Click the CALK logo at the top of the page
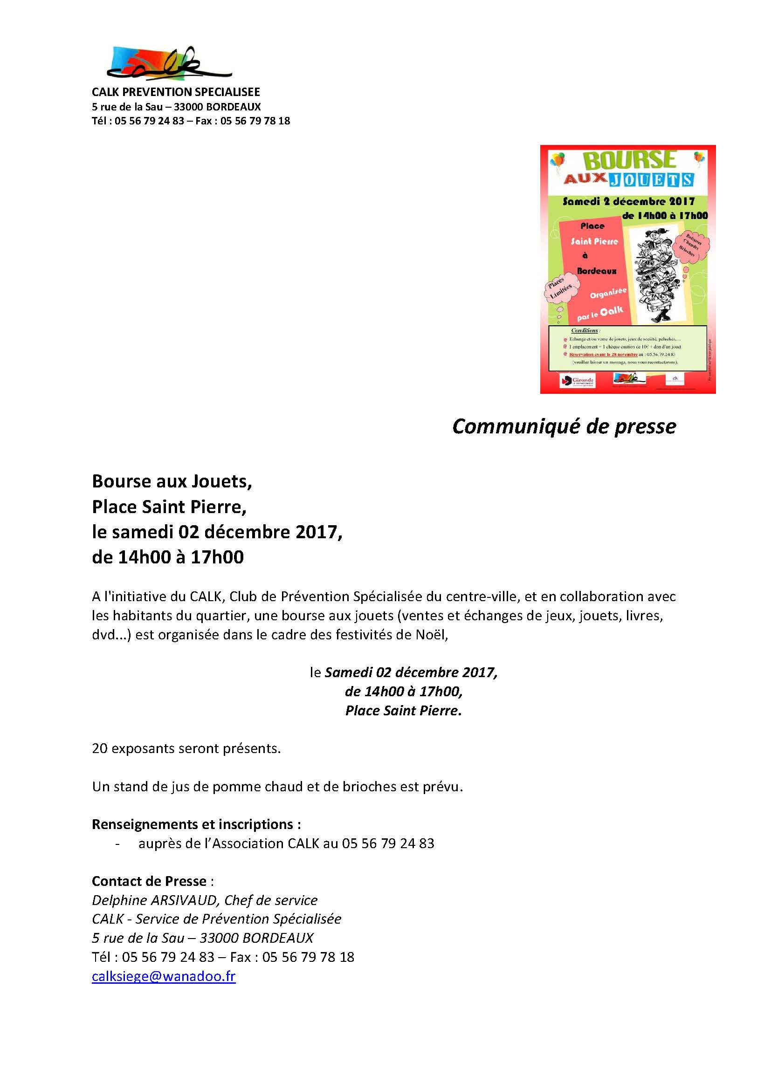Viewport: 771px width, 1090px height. [169, 63]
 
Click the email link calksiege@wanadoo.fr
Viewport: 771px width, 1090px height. [163, 976]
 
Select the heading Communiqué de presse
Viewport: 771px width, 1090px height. [564, 426]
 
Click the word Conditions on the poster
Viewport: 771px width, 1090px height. [585, 330]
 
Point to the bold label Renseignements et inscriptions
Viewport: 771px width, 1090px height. [196, 824]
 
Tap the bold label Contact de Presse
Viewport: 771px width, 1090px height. [149, 881]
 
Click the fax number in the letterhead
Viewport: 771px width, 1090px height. [255, 121]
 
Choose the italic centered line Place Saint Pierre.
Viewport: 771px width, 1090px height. [403, 711]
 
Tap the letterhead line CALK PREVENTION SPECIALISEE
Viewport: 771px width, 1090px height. [176, 92]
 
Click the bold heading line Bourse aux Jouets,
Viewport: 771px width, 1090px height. [172, 481]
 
